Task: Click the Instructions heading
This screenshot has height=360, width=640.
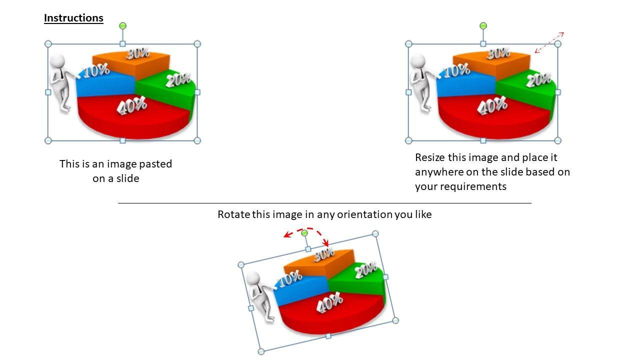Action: click(x=73, y=18)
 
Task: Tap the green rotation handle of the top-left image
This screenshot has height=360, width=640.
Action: click(x=122, y=26)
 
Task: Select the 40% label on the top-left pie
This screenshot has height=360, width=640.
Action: click(x=131, y=105)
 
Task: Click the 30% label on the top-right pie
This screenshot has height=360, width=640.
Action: click(x=498, y=53)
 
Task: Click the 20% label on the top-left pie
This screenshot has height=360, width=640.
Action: click(x=179, y=80)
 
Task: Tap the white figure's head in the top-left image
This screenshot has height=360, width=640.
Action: click(x=57, y=61)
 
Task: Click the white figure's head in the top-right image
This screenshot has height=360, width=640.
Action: click(x=418, y=61)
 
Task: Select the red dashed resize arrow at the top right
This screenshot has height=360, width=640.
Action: click(x=549, y=42)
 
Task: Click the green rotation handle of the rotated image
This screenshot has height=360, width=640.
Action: click(x=304, y=233)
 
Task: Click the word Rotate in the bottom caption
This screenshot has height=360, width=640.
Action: click(x=233, y=214)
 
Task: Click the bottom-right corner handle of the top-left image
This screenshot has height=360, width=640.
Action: click(x=197, y=140)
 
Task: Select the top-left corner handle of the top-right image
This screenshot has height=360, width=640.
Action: click(x=408, y=44)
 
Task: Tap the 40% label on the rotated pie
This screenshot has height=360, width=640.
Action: click(x=329, y=302)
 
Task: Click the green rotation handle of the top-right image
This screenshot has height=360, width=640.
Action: click(x=483, y=26)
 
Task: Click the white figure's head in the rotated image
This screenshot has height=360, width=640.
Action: click(x=253, y=278)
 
